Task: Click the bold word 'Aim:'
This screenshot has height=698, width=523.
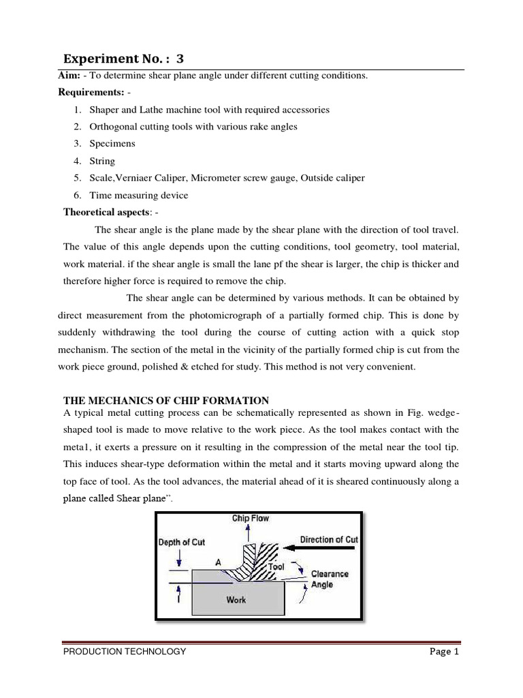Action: tap(69, 76)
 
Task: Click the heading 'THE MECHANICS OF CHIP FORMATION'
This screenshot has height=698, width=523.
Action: tap(165, 400)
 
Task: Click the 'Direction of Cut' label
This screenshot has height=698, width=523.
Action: tap(329, 539)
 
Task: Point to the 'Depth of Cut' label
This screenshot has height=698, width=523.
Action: tap(181, 543)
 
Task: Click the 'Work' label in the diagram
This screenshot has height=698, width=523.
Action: tap(236, 600)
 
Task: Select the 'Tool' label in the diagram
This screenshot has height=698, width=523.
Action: tap(276, 566)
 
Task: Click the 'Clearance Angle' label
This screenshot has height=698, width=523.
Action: tap(330, 579)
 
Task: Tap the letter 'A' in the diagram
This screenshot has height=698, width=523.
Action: tap(219, 562)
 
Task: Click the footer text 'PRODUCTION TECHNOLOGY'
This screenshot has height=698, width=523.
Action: tap(124, 652)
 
